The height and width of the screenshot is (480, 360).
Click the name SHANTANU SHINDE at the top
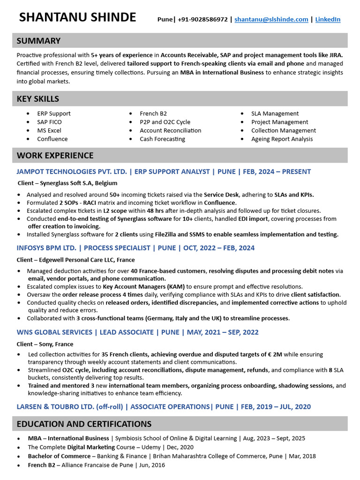click(x=77, y=17)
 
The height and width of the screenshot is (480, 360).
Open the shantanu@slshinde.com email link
click(x=271, y=19)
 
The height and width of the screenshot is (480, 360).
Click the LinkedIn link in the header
click(x=328, y=19)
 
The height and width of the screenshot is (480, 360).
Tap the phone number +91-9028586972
click(x=202, y=19)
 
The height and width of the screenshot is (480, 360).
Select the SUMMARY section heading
click(x=38, y=41)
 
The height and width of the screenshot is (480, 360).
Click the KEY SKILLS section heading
click(x=38, y=98)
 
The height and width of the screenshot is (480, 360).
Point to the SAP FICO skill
click(x=49, y=122)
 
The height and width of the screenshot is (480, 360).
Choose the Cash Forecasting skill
click(x=162, y=139)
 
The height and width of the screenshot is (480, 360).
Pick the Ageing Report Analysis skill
click(x=282, y=139)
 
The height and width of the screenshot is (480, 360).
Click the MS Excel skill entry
click(x=49, y=130)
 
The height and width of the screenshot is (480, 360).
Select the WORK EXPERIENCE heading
click(x=55, y=155)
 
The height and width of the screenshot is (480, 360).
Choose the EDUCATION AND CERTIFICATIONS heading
click(x=84, y=424)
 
